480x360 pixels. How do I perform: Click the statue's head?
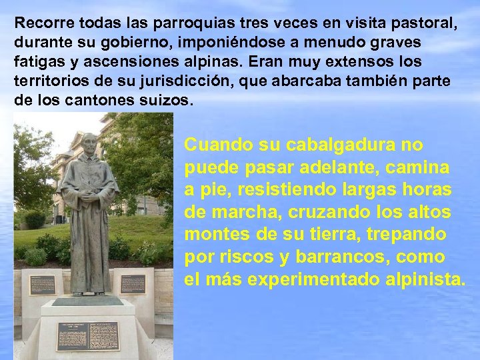click(88, 143)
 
